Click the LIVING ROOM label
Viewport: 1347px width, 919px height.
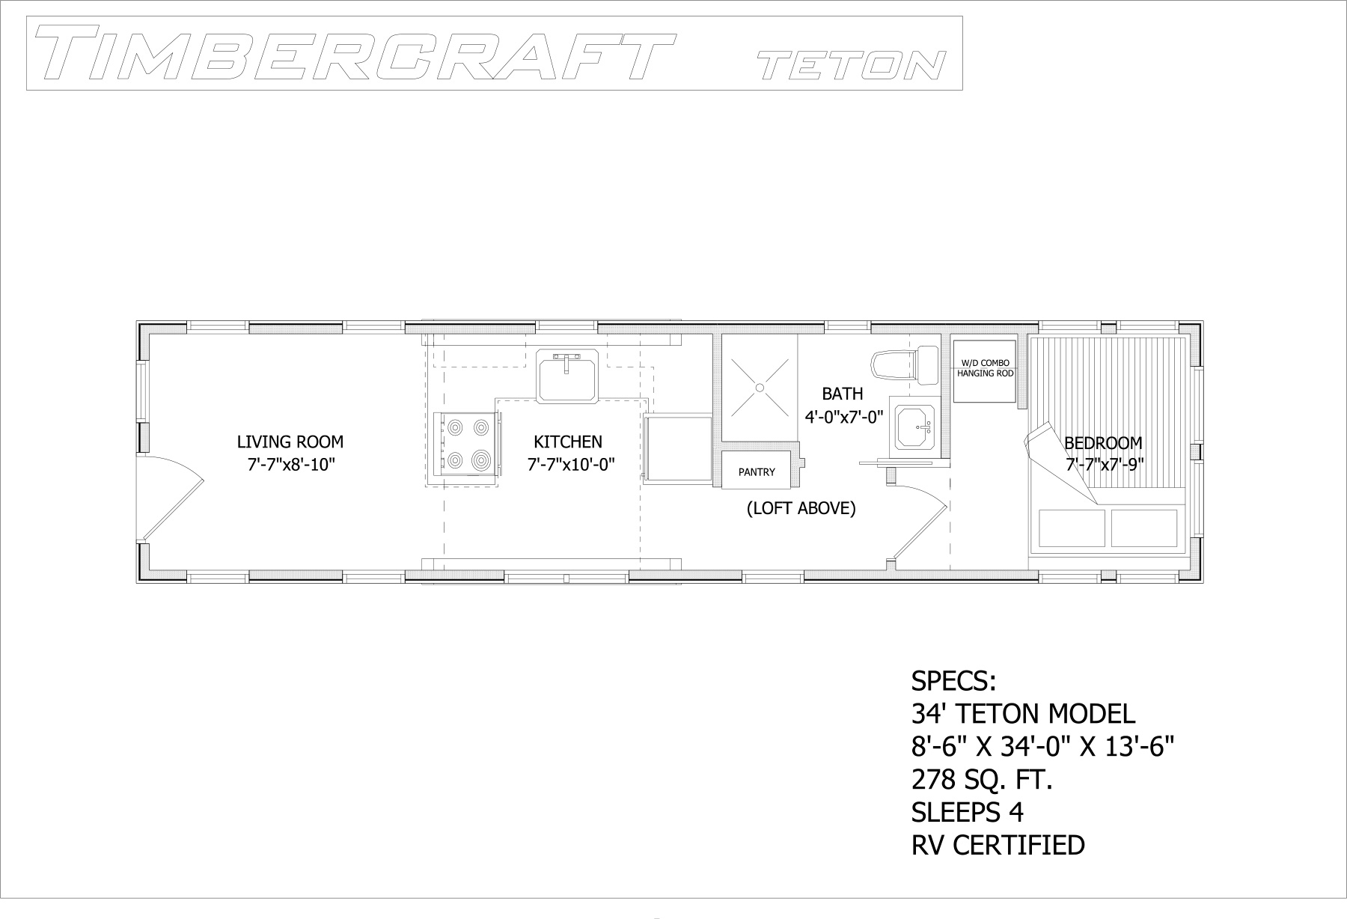tap(290, 442)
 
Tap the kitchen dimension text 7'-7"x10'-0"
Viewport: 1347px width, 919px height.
tap(571, 465)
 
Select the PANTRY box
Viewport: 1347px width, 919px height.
tap(757, 471)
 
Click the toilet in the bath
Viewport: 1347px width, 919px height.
tap(905, 364)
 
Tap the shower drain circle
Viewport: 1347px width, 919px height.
tap(760, 388)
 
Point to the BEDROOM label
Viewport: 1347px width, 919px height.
tap(1103, 443)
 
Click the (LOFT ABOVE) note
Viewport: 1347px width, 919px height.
tap(801, 509)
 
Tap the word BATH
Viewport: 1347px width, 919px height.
tap(843, 394)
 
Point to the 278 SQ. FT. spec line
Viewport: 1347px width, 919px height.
tap(982, 781)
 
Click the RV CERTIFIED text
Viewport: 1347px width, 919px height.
tap(998, 845)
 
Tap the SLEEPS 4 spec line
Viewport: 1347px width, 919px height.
tap(967, 812)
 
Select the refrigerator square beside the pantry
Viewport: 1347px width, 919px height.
tap(677, 449)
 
